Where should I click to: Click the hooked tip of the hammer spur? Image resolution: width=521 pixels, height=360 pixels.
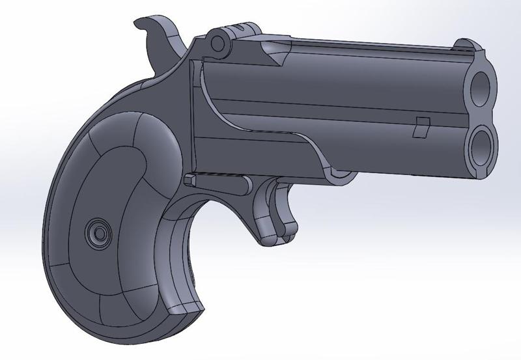click(138, 25)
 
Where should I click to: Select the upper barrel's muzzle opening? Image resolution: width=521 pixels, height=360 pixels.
click(483, 85)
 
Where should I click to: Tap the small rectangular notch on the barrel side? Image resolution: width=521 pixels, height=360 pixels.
click(420, 127)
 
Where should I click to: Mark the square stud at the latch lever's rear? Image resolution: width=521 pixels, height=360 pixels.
click(190, 179)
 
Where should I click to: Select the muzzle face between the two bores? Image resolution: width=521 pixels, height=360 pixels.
click(485, 113)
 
